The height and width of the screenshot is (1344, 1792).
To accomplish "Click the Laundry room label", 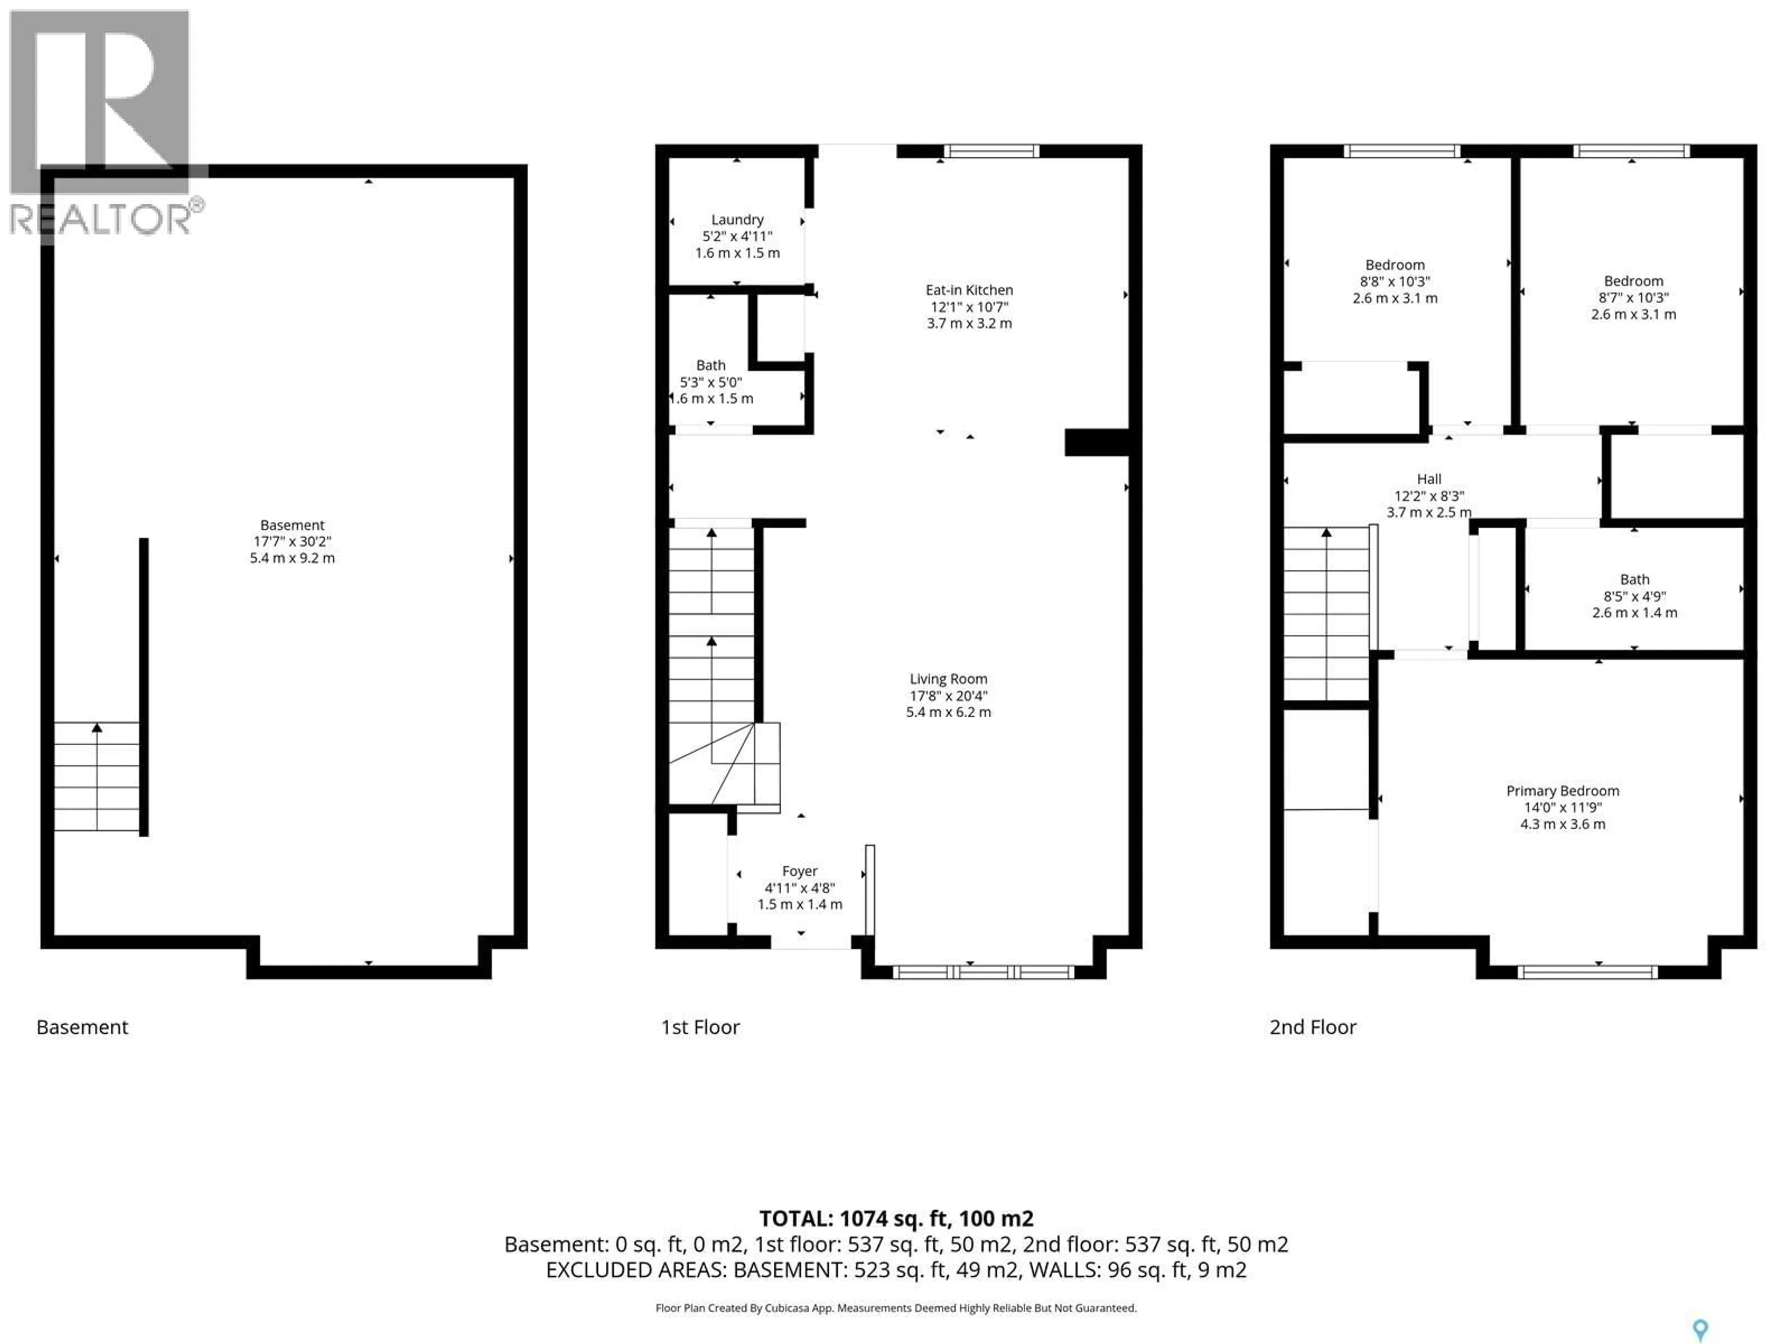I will (737, 219).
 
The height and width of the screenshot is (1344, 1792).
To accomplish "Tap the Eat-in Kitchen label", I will (969, 290).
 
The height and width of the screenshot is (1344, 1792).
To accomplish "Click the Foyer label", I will (799, 871).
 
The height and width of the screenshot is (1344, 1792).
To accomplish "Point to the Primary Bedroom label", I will (1562, 791).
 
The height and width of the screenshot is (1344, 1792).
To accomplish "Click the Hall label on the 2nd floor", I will (1429, 479).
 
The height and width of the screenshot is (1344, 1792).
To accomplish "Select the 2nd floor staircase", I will (1326, 613).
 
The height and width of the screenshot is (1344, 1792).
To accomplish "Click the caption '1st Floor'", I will (700, 1027).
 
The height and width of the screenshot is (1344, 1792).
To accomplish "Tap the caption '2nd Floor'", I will (1312, 1027).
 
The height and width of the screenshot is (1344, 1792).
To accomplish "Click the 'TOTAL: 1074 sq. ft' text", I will (895, 1218).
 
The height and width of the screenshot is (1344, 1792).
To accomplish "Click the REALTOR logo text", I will (101, 219).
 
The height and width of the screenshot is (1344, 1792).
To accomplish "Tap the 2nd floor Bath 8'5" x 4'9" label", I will (1634, 579).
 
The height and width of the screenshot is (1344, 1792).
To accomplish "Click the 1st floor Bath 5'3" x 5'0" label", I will (710, 365).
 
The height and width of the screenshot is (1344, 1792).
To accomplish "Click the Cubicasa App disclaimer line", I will (895, 1308).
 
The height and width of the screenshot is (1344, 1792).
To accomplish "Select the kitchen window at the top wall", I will (991, 151).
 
